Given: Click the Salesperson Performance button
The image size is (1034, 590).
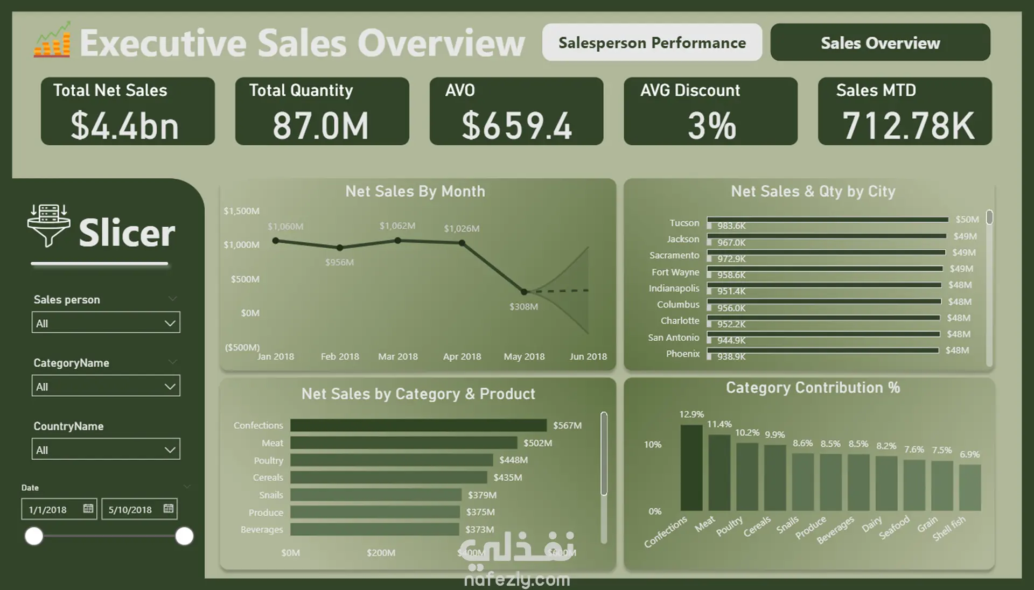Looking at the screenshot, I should coord(652,43).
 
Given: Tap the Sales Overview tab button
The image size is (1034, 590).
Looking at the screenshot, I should coord(880,43).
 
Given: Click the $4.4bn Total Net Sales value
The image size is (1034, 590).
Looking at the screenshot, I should coord(124,126).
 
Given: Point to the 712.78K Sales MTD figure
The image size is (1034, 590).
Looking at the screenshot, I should coord(908,126).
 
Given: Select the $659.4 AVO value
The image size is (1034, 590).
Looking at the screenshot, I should coord(516,126).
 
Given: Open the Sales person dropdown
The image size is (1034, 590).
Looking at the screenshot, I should coord(106,323).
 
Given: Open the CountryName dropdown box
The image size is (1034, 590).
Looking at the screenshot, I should coord(106,449).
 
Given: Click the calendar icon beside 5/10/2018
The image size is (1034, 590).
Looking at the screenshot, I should coord(169,509).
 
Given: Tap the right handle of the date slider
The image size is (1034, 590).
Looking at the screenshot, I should coord(184,536).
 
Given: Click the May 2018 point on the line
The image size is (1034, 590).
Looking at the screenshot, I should coord(524,292).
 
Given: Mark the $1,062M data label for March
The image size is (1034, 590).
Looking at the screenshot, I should coord(397,226).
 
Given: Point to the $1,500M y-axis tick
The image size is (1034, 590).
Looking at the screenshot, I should coord(241,211).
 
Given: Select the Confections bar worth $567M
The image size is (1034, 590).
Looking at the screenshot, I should coord(418,425).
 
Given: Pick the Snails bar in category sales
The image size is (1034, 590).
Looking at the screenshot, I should coord(375,495).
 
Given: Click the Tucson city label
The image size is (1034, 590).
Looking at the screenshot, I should coord(684,223).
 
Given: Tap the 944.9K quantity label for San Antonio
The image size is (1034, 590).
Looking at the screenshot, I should coord(731,341).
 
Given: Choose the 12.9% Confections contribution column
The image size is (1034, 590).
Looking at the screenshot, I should coord(691,467).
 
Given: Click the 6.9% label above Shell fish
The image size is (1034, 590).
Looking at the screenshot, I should coord(969,454).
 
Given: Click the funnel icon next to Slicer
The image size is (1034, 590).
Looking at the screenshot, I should coord(48,226).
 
